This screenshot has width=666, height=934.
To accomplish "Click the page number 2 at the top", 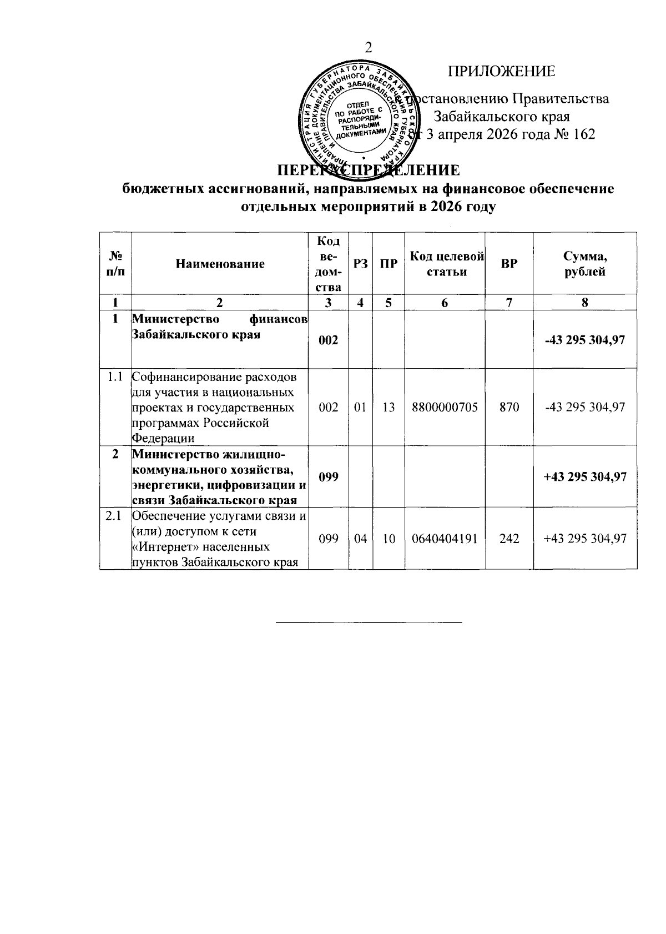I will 368,48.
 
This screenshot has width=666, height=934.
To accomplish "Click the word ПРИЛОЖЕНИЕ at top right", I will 501,72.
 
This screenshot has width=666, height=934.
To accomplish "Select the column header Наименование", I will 220,264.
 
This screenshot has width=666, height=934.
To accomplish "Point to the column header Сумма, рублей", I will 585,264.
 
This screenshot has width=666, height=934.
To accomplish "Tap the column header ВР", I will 508,264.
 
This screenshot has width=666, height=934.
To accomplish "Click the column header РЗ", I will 360,264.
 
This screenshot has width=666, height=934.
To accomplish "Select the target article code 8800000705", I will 445,407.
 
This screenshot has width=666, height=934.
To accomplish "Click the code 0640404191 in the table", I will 445,538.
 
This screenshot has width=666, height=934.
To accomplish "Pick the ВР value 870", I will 508,407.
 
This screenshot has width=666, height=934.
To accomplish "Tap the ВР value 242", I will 508,538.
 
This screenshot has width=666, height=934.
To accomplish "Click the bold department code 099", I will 329,477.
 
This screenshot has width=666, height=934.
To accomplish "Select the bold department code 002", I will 329,340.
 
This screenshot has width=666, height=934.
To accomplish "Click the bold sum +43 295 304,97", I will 585,477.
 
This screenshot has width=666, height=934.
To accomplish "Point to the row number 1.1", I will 115,378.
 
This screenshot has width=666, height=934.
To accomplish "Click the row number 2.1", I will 114,516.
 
